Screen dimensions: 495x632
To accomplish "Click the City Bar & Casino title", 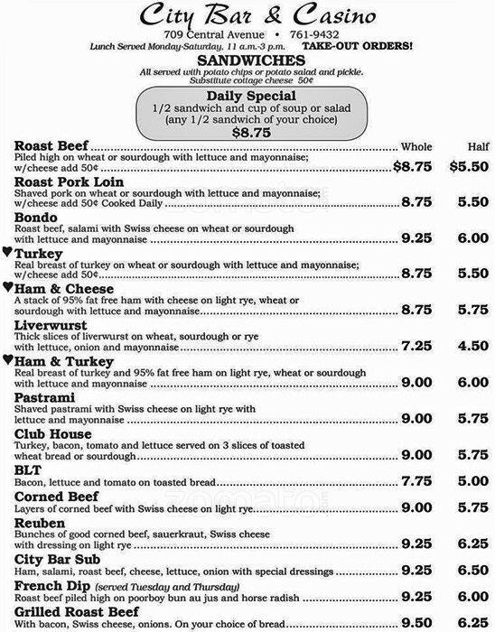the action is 247,15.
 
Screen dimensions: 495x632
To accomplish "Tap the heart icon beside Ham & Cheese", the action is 6,287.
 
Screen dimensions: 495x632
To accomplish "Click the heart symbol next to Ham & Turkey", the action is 6,360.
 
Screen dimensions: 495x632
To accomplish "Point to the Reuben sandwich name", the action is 40,524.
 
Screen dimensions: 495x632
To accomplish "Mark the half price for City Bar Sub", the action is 472,572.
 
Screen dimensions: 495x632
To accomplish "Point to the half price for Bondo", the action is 472,239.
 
